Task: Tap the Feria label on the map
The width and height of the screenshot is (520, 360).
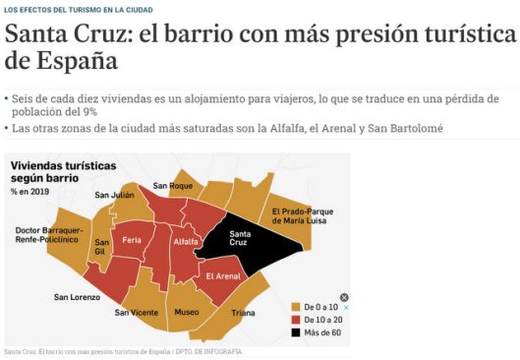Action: click(133, 239)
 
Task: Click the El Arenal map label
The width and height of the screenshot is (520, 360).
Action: click(223, 275)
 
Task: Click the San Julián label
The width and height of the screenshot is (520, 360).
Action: click(114, 195)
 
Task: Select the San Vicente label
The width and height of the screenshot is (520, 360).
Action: click(136, 313)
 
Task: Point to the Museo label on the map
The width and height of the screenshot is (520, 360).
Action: click(187, 313)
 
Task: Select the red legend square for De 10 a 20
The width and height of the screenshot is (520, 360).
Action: click(295, 320)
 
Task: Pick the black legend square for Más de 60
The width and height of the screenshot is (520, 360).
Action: click(295, 332)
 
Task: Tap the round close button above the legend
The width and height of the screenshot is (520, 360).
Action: click(344, 297)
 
